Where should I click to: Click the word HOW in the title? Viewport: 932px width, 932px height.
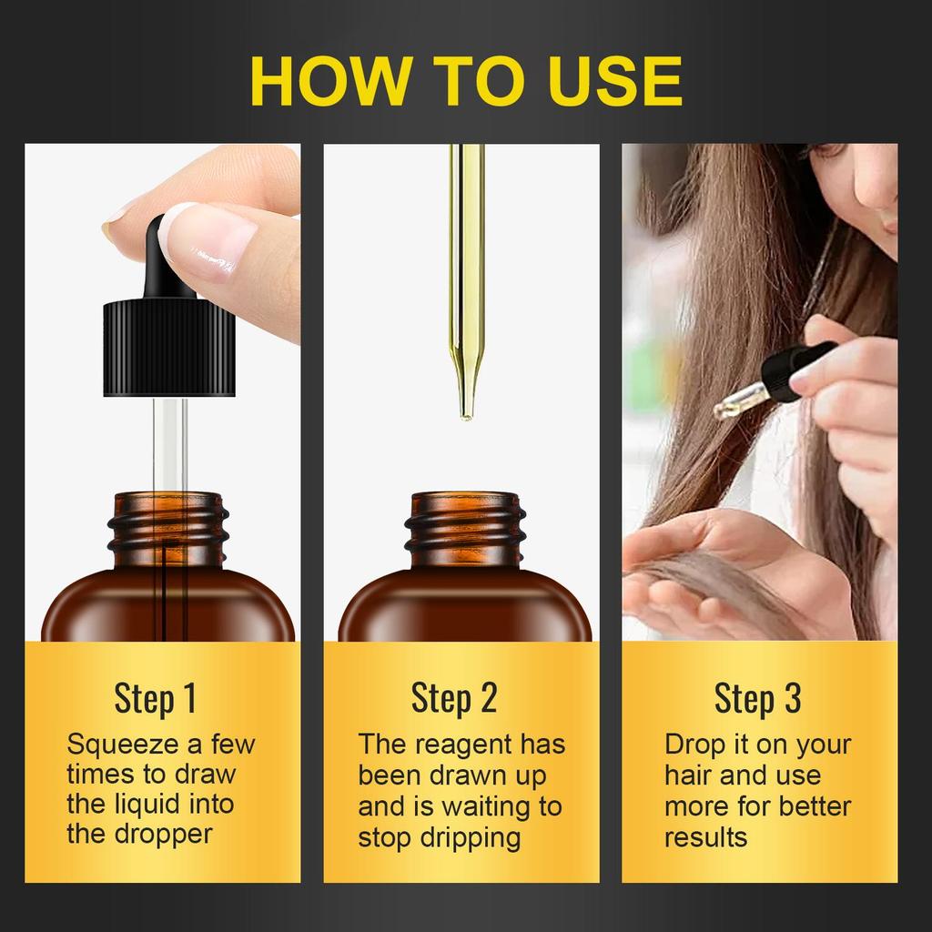click(x=329, y=81)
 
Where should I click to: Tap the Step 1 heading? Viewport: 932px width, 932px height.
click(x=155, y=698)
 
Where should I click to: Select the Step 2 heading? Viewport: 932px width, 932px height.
click(x=454, y=698)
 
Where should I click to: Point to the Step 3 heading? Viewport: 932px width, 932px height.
click(x=758, y=698)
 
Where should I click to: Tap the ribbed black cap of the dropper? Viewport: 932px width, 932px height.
click(x=169, y=348)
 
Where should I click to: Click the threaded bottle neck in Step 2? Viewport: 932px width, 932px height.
click(x=465, y=529)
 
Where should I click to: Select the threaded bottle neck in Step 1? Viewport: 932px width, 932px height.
click(x=168, y=529)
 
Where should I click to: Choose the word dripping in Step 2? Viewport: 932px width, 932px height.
click(x=471, y=838)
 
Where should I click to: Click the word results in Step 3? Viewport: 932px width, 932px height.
click(x=705, y=838)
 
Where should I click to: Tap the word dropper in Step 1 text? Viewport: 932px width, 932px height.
click(x=163, y=835)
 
